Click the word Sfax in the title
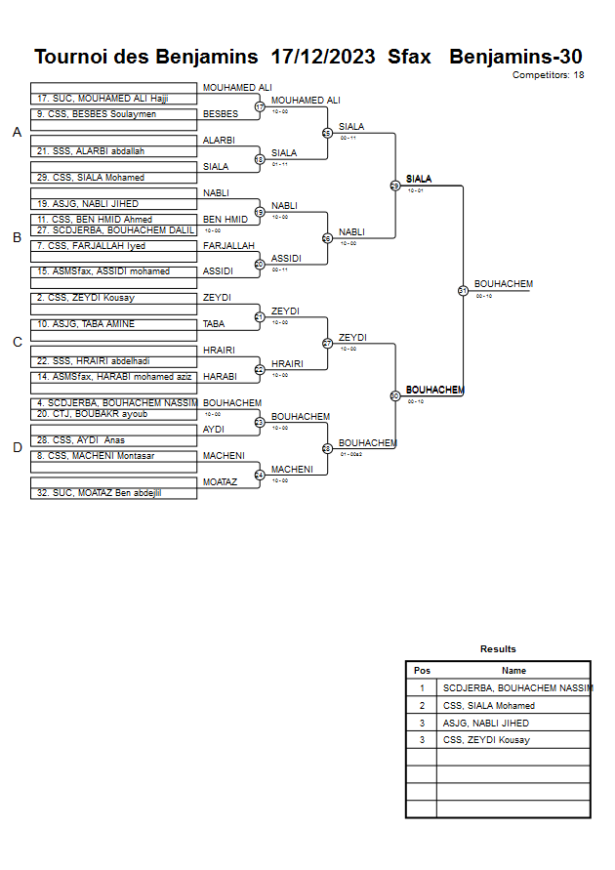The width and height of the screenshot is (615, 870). click(x=409, y=57)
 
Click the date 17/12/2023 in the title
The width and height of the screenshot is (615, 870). click(x=322, y=57)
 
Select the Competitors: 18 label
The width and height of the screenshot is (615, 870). click(x=549, y=74)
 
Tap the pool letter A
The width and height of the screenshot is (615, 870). click(x=17, y=133)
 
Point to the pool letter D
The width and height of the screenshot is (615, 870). click(x=17, y=447)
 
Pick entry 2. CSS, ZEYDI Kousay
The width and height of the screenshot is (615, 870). click(x=86, y=297)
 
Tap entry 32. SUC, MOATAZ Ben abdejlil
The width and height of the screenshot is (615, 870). click(x=101, y=493)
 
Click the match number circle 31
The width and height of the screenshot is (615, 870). click(x=463, y=290)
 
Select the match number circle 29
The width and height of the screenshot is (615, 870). click(x=394, y=186)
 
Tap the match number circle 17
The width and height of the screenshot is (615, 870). click(x=260, y=106)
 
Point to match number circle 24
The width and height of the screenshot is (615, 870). click(x=260, y=476)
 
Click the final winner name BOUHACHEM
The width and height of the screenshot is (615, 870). click(x=504, y=284)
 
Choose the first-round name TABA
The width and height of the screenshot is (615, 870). click(x=214, y=323)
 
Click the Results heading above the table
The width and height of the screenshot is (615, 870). click(x=498, y=649)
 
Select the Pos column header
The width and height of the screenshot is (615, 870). click(x=422, y=671)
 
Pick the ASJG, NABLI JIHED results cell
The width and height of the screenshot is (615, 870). click(x=486, y=724)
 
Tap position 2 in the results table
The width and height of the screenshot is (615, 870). click(x=422, y=706)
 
